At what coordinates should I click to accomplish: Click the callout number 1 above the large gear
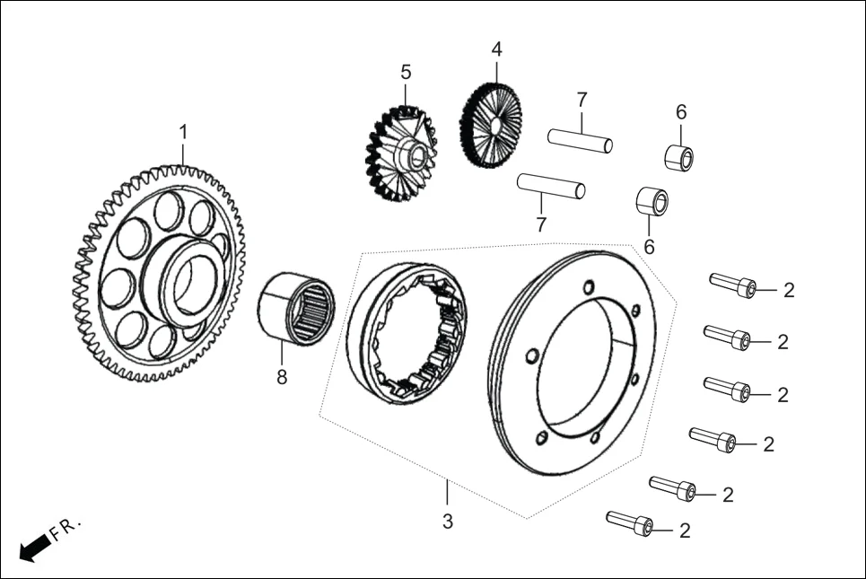[x=183, y=132]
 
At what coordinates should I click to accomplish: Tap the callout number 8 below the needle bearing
[x=282, y=378]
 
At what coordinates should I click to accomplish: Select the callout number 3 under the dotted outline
[x=448, y=521]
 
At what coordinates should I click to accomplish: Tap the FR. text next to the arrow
[x=66, y=529]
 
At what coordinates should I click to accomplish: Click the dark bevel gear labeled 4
[x=491, y=126]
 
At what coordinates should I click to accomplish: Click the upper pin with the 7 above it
[x=581, y=141]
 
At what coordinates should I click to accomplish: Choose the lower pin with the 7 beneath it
[x=551, y=186]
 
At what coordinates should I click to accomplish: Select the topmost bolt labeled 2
[x=732, y=285]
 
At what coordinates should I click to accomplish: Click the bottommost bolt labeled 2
[x=629, y=524]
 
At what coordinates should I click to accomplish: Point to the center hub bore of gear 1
[x=190, y=285]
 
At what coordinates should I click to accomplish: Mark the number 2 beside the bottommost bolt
[x=685, y=531]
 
